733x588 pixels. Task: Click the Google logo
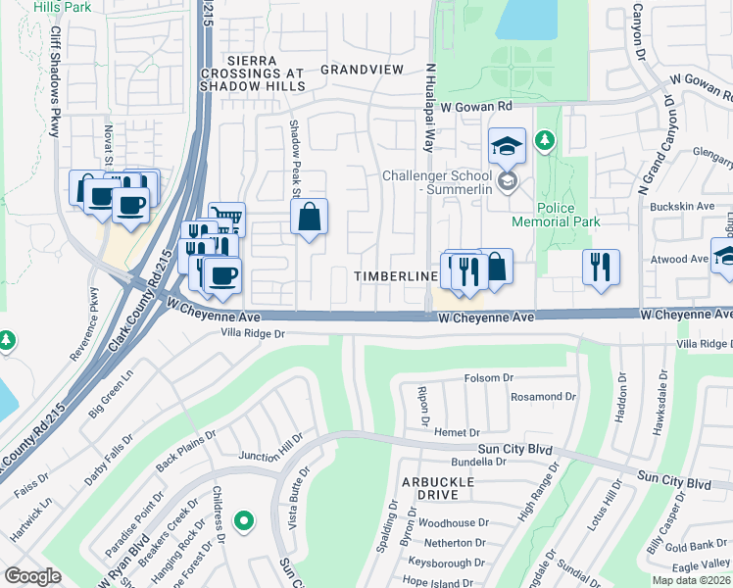click(x=32, y=576)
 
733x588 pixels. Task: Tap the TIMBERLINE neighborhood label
click(x=396, y=277)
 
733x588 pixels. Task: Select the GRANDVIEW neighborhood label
click(x=362, y=70)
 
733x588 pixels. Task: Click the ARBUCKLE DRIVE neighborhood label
click(x=437, y=489)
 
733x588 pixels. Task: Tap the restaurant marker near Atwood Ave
click(x=601, y=267)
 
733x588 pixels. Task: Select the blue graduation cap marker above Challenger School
click(x=507, y=146)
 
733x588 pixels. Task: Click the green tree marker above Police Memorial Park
click(x=545, y=143)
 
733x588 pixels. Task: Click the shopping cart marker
click(x=226, y=218)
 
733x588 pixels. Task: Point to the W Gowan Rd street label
click(x=476, y=106)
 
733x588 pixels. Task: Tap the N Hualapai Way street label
click(x=428, y=109)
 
